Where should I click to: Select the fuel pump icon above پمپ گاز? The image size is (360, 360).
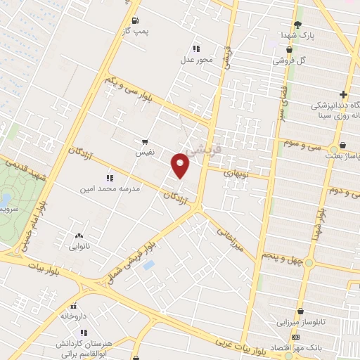(135, 20)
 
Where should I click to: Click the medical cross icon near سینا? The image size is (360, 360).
(343, 95)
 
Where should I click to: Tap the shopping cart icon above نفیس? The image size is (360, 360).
(145, 141)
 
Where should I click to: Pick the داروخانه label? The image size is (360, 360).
(72, 317)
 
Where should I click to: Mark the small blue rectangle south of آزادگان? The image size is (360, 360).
(148, 265)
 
